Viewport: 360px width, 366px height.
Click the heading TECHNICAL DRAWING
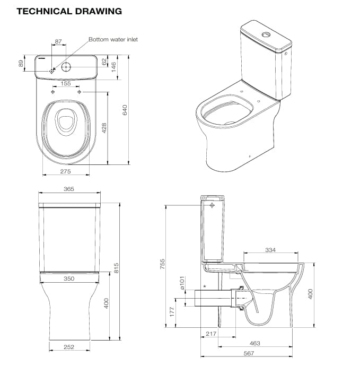pyautogui.click(x=69, y=11)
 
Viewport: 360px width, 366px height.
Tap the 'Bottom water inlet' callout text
pyautogui.click(x=113, y=39)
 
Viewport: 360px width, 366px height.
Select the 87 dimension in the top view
pyautogui.click(x=58, y=41)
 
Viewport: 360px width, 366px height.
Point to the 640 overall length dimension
pyautogui.click(x=125, y=110)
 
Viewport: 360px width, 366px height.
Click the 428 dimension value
pyautogui.click(x=104, y=128)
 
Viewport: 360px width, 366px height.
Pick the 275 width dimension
pyautogui.click(x=65, y=171)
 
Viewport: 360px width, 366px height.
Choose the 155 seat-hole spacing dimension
pyautogui.click(x=66, y=83)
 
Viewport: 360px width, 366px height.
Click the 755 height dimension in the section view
pyautogui.click(x=163, y=263)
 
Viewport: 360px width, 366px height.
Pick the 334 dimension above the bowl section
pyautogui.click(x=270, y=250)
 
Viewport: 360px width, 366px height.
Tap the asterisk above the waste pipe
pyautogui.click(x=205, y=286)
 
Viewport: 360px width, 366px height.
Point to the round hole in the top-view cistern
pyautogui.click(x=66, y=67)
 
